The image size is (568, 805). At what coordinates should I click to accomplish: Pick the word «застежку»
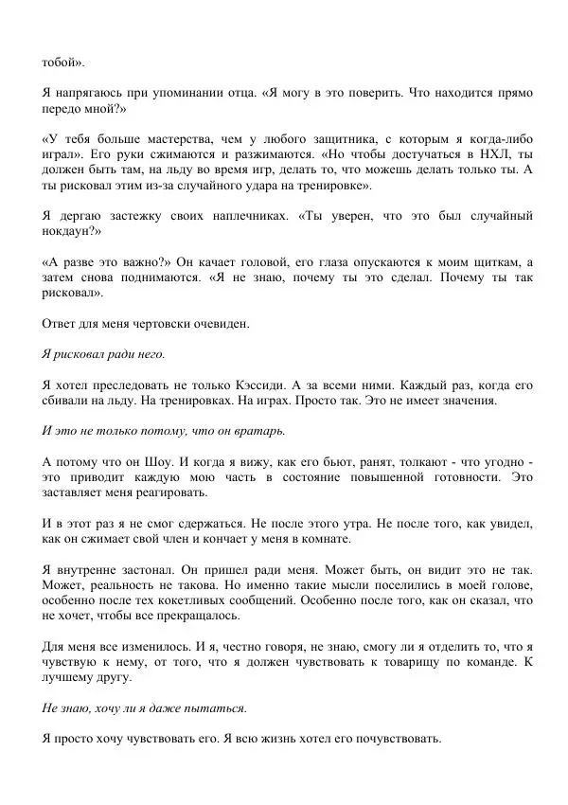(x=126, y=239)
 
